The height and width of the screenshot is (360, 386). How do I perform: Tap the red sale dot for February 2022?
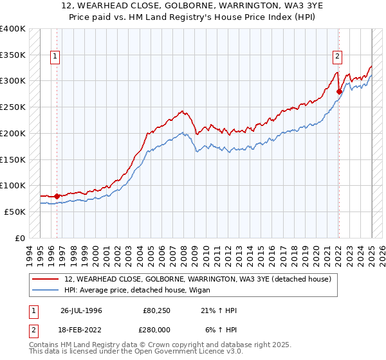coord(339,92)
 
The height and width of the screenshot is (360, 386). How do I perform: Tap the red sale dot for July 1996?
coord(57,196)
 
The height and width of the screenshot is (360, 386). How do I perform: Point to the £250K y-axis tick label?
coord(13,107)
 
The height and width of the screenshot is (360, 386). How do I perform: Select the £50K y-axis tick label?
coord(15,212)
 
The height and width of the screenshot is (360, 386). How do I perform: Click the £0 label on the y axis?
coord(20,238)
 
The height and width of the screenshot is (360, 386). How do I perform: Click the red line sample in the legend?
coord(46,279)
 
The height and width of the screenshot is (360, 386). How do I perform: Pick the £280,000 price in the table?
coord(157,329)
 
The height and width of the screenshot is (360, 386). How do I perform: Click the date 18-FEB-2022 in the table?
coord(81,329)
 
